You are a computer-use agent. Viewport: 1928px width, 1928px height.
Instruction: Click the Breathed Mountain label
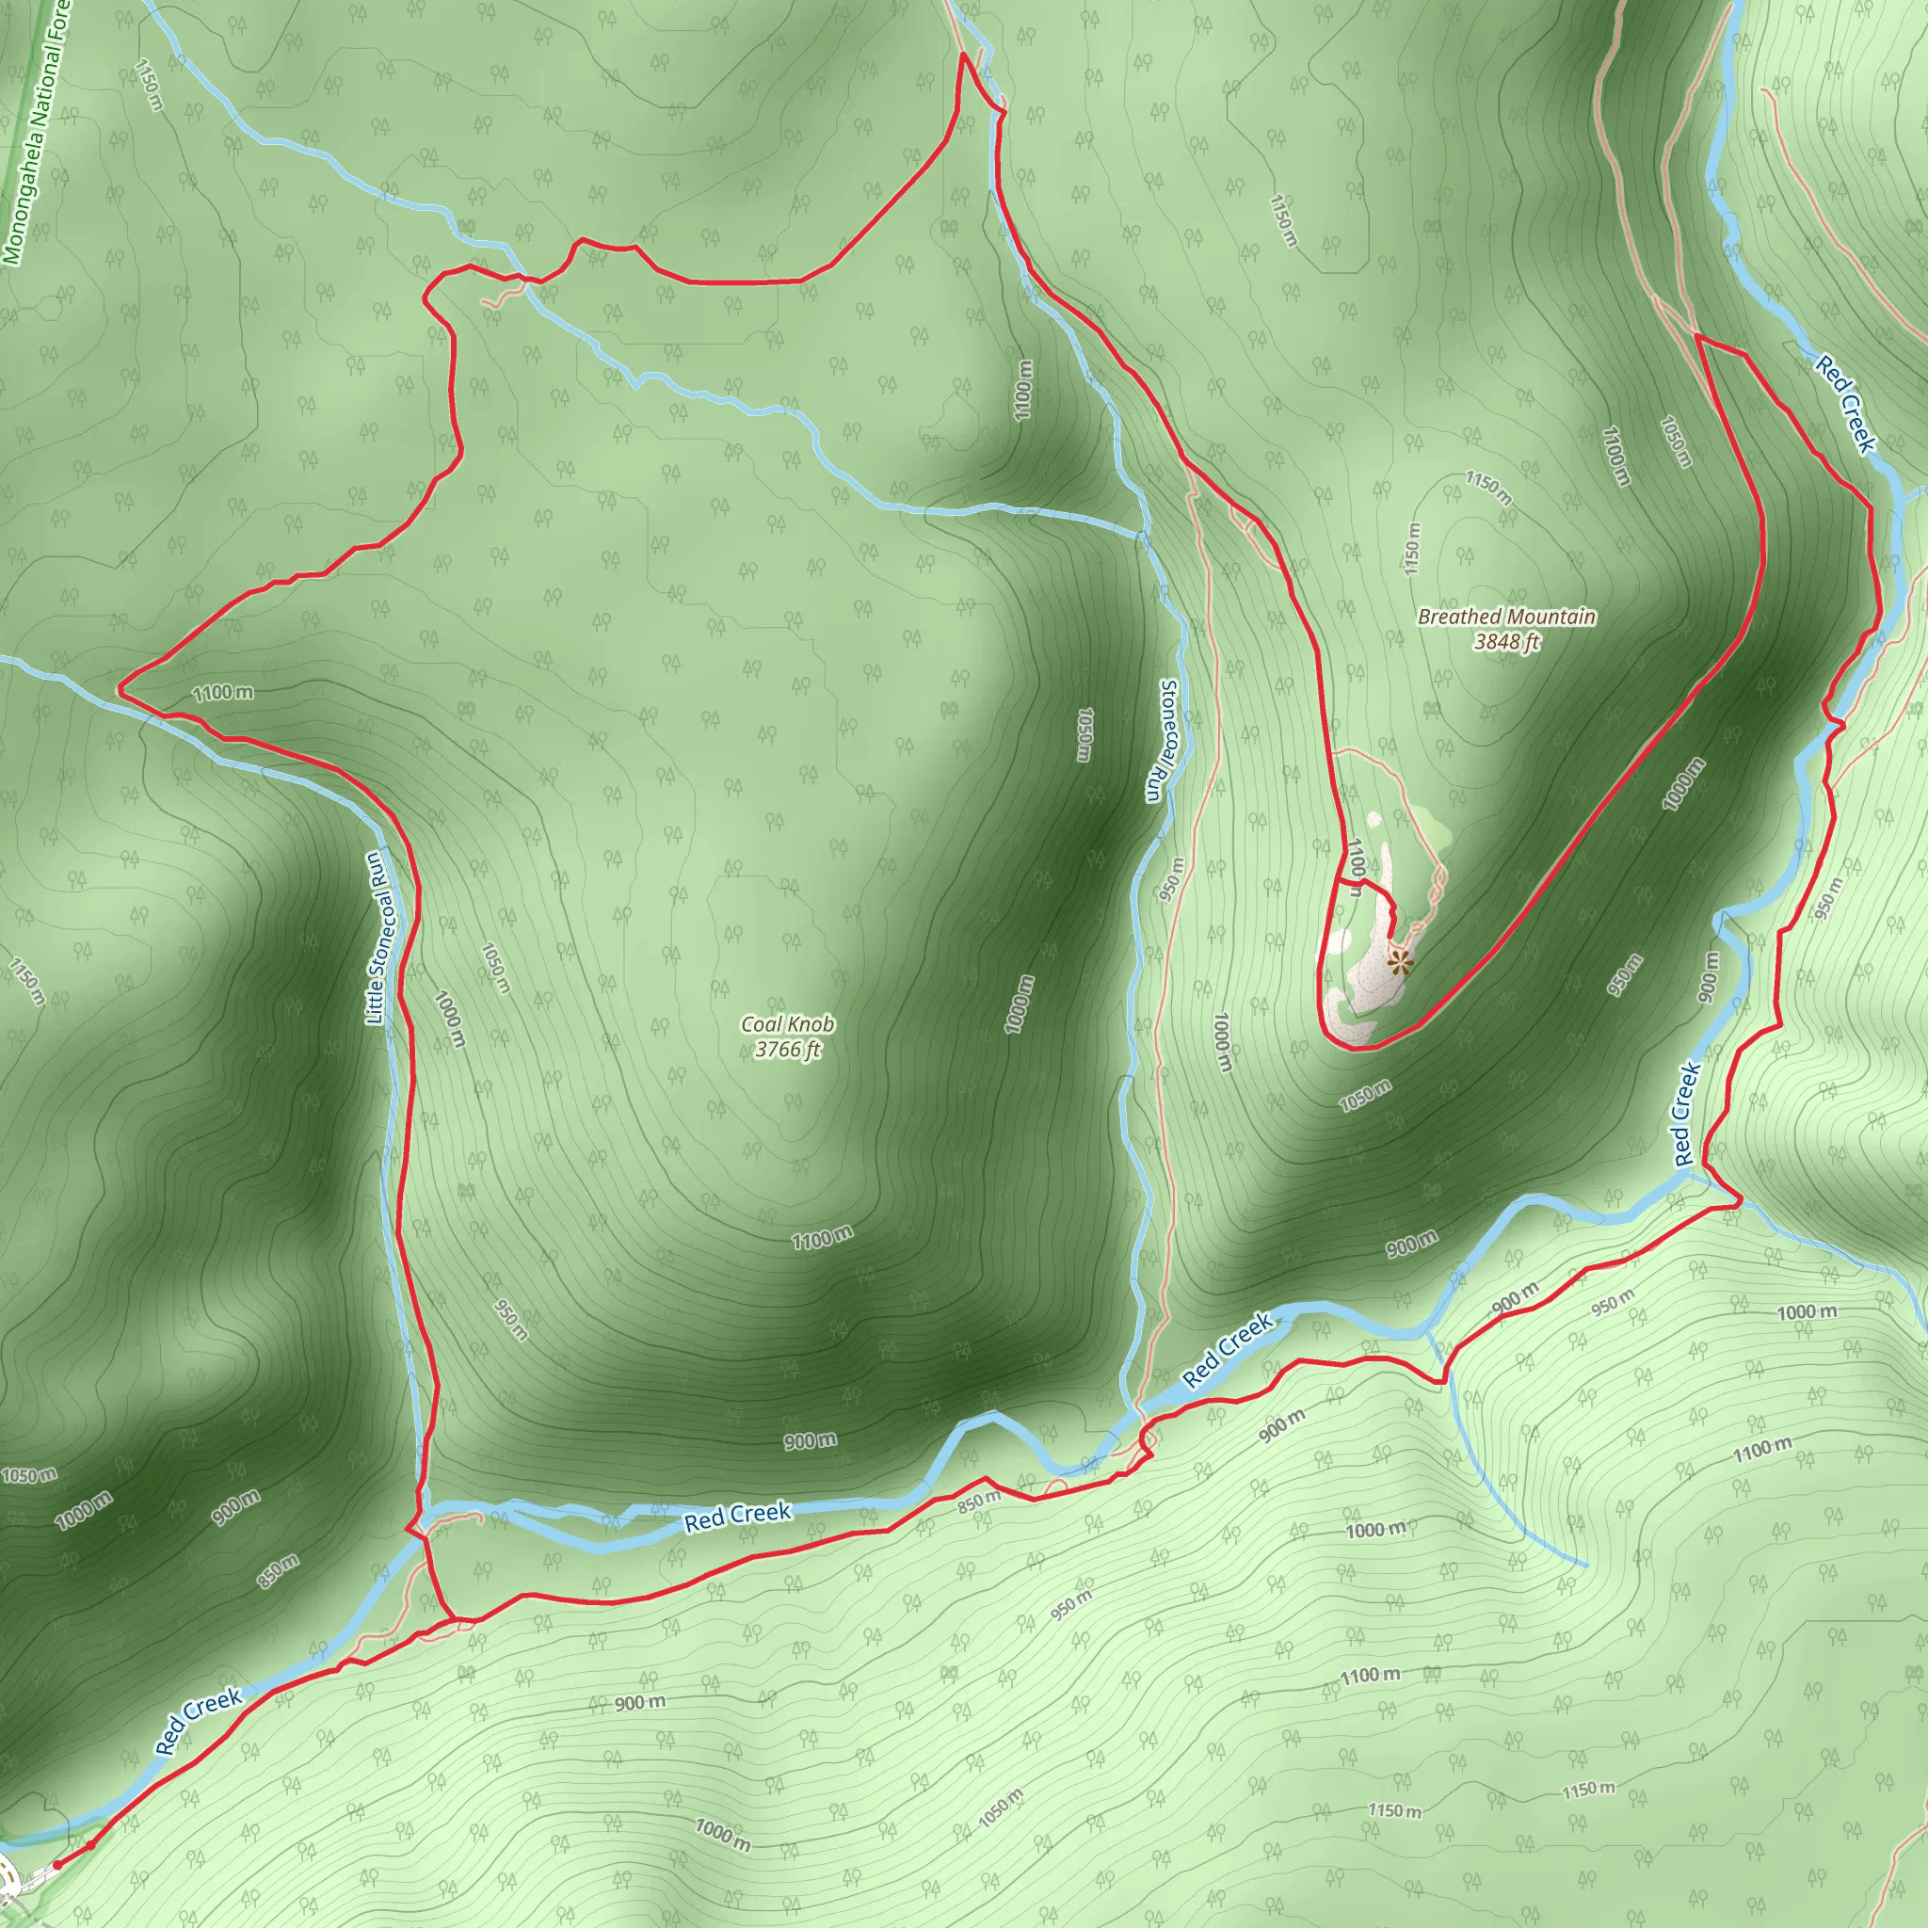pyautogui.click(x=1506, y=617)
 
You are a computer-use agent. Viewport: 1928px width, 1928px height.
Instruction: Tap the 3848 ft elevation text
pyautogui.click(x=1506, y=641)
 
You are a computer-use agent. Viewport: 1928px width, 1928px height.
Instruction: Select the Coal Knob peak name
pyautogui.click(x=787, y=1024)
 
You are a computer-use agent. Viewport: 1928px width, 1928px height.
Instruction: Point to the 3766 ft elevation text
pyautogui.click(x=787, y=1049)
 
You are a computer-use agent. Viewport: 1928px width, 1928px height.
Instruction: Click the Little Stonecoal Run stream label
pyautogui.click(x=376, y=938)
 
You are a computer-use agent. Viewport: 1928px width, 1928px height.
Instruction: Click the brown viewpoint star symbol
pyautogui.click(x=1401, y=962)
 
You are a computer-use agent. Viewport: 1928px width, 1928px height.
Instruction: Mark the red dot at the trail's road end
pyautogui.click(x=56, y=1863)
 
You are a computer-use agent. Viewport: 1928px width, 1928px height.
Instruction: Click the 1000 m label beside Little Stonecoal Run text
pyautogui.click(x=449, y=1018)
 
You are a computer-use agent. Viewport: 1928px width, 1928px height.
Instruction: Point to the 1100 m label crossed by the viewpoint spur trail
pyautogui.click(x=1354, y=866)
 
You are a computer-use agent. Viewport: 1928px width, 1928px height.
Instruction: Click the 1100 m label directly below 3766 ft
pyautogui.click(x=821, y=1239)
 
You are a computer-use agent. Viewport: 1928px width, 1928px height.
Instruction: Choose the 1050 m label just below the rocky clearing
pyautogui.click(x=1364, y=1095)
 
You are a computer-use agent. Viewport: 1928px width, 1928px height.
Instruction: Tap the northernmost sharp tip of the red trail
pyautogui.click(x=964, y=55)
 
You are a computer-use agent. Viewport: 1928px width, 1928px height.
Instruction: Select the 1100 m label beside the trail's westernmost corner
pyautogui.click(x=222, y=692)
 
